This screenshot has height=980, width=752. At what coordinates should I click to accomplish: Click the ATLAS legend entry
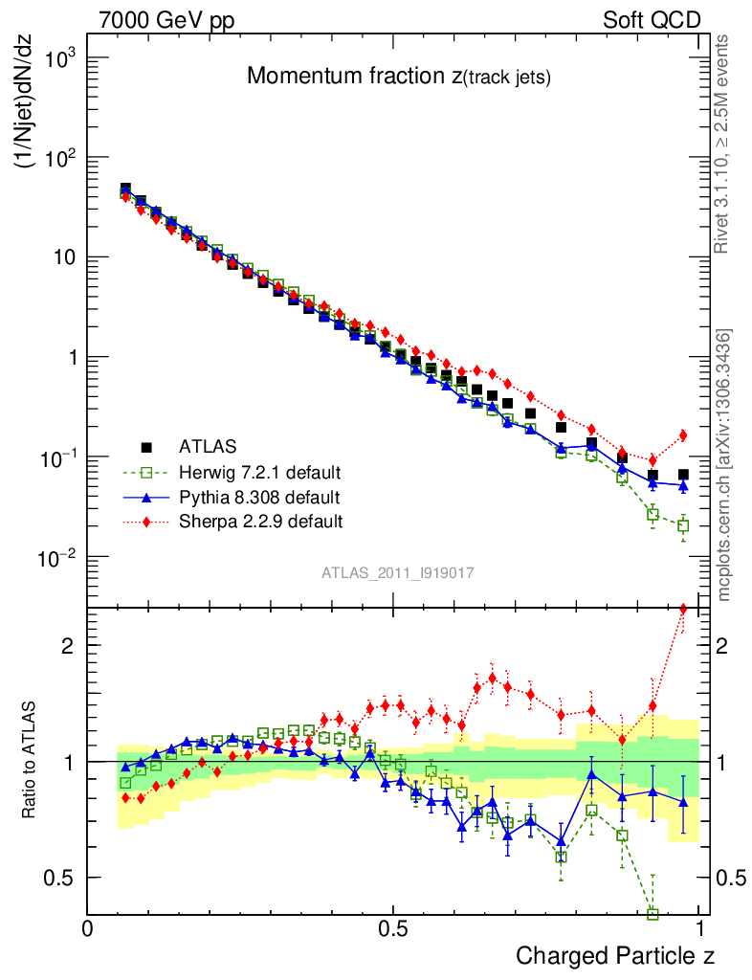(206, 446)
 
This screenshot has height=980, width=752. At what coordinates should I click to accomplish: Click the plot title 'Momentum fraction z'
(398, 77)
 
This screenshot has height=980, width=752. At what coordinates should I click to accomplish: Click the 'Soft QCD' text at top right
(652, 20)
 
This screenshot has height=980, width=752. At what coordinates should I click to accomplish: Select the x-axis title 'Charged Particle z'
(615, 955)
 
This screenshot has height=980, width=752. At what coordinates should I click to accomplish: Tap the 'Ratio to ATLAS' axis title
(30, 762)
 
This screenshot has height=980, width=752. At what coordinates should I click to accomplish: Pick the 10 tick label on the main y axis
(60, 257)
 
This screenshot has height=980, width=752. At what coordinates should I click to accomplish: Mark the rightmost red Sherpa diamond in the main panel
(683, 435)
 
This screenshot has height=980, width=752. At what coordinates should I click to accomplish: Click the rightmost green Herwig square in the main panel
(683, 525)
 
